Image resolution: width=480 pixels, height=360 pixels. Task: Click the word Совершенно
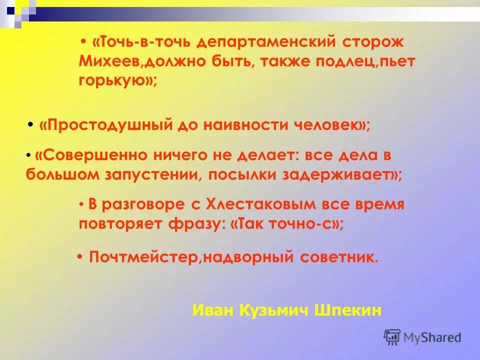click(x=90, y=156)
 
